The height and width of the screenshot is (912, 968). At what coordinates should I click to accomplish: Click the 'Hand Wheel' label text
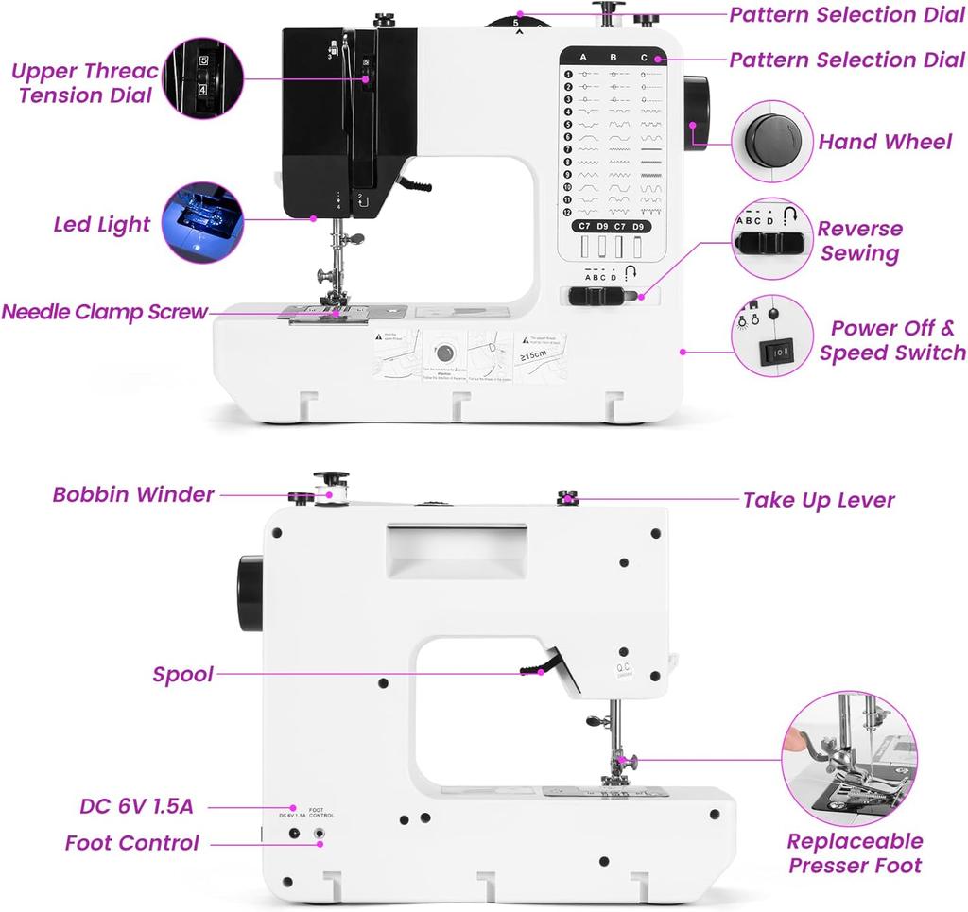885,143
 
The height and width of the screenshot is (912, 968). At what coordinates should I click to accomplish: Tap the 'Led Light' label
101,225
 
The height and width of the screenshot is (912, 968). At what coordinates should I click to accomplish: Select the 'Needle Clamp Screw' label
104,312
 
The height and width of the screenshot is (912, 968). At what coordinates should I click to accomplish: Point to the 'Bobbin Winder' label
133,494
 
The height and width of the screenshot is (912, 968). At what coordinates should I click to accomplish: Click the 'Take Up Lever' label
819,500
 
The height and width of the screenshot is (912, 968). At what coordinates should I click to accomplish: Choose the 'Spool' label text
182,675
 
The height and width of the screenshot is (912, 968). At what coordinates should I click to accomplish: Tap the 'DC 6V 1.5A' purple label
136,806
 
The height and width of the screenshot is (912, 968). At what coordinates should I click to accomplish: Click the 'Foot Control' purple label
132,842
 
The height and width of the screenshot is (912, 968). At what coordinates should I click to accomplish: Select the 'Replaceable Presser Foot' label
856,852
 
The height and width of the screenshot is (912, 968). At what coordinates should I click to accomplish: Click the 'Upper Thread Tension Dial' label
85,83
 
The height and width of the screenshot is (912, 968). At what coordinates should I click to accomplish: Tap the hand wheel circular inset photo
774,142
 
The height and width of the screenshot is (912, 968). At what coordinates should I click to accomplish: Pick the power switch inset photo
772,336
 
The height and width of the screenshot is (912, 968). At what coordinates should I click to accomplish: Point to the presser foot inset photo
850,759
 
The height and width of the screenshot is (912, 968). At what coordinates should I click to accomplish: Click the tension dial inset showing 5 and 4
202,77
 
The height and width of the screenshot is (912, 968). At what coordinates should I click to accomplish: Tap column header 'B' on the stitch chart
613,58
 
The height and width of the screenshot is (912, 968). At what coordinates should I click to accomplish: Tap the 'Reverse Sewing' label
859,241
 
